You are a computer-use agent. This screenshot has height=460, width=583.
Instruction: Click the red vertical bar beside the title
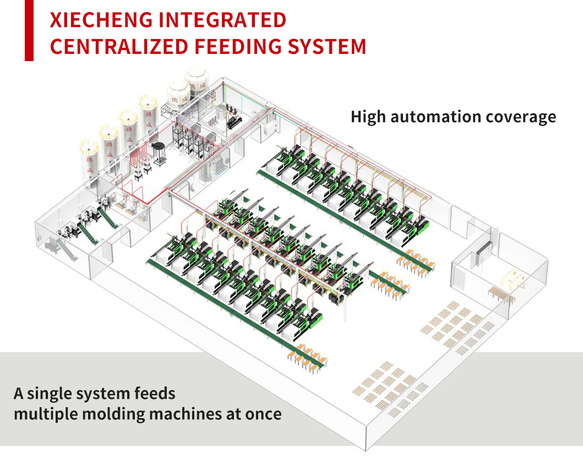(29, 30)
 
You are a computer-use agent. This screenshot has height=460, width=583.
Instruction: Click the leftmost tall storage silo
(89, 160)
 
